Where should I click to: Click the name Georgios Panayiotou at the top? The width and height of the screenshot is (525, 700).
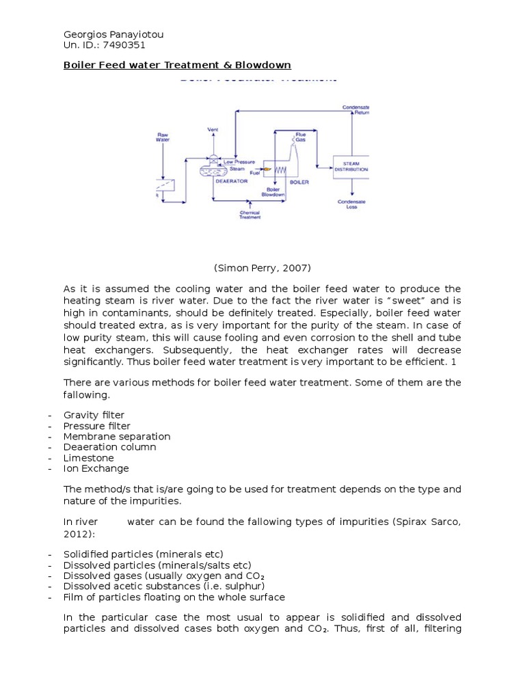(113, 34)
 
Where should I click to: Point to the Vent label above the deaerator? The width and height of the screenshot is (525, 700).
(213, 129)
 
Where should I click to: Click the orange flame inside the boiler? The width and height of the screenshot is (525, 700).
(267, 169)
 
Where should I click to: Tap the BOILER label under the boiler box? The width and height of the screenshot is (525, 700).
(299, 183)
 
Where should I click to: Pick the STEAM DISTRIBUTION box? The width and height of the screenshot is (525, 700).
(351, 167)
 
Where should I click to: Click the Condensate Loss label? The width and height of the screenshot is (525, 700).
(351, 204)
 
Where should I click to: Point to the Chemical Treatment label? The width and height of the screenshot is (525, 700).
(250, 215)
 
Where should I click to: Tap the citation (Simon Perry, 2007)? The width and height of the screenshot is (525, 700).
(262, 268)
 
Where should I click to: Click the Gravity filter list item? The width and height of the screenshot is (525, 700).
(94, 415)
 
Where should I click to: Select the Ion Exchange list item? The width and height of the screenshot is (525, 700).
(96, 468)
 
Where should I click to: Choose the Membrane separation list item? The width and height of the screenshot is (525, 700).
(117, 436)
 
